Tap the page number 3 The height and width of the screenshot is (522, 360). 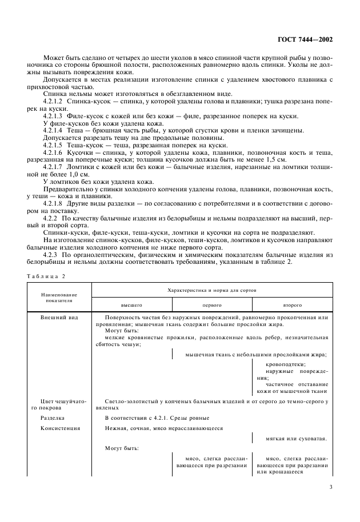pos(331,487)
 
